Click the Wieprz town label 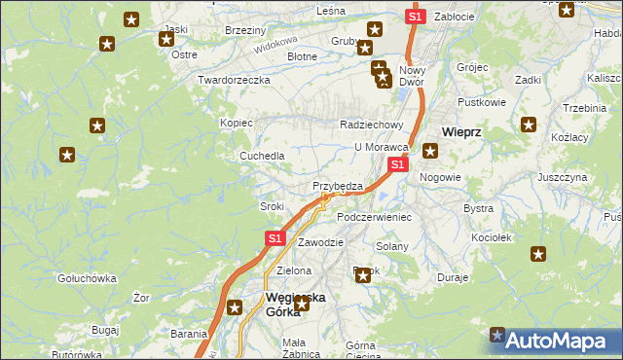pyautogui.click(x=463, y=130)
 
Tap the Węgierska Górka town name pyautogui.click(x=296, y=305)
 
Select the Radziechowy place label pyautogui.click(x=370, y=125)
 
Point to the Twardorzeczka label pyautogui.click(x=233, y=80)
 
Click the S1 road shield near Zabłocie pyautogui.click(x=415, y=17)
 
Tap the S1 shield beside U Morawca pyautogui.click(x=397, y=165)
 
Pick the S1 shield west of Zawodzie pyautogui.click(x=275, y=237)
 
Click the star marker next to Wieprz pyautogui.click(x=429, y=151)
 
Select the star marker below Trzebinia pyautogui.click(x=529, y=124)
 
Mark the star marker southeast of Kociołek pyautogui.click(x=537, y=254)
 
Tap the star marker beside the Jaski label pyautogui.click(x=165, y=40)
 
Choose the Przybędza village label pyautogui.click(x=338, y=186)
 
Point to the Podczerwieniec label pyautogui.click(x=374, y=217)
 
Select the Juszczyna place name pyautogui.click(x=562, y=178)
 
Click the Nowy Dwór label pyautogui.click(x=413, y=77)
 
